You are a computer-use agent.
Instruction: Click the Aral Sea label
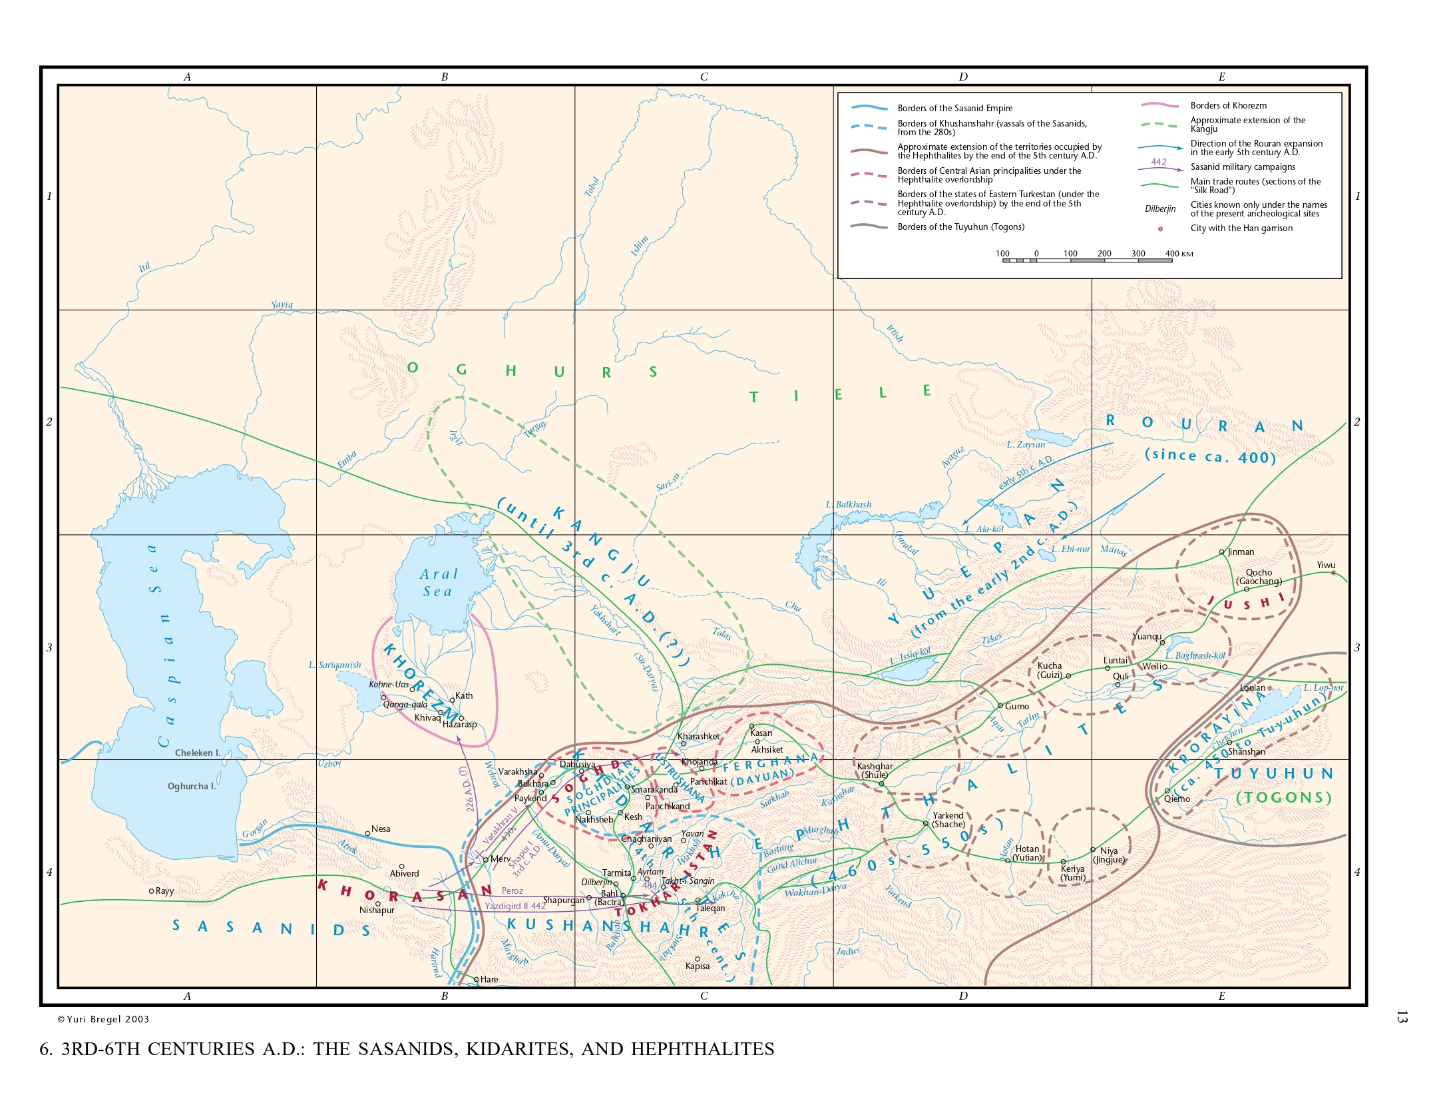pyautogui.click(x=438, y=583)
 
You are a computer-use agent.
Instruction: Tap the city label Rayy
pyautogui.click(x=164, y=891)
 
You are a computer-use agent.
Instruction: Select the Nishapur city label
pyautogui.click(x=377, y=910)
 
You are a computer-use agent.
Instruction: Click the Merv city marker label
pyautogui.click(x=500, y=859)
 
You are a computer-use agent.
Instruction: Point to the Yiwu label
pyautogui.click(x=1326, y=565)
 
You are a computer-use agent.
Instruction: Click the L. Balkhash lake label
pyautogui.click(x=848, y=504)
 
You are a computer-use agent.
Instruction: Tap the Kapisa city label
pyautogui.click(x=698, y=966)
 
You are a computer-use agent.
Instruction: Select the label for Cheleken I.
pyautogui.click(x=197, y=753)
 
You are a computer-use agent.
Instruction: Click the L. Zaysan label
pyautogui.click(x=1026, y=444)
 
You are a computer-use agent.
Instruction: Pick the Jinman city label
pyautogui.click(x=1241, y=551)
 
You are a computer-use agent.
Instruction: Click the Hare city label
pyautogui.click(x=489, y=979)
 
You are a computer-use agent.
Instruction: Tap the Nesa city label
pyautogui.click(x=381, y=829)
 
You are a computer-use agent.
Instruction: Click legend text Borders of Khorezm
pyautogui.click(x=1228, y=105)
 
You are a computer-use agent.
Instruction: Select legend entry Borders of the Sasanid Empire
pyautogui.click(x=954, y=108)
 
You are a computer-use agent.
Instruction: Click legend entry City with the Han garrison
pyautogui.click(x=1241, y=228)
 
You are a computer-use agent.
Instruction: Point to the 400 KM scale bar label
pyautogui.click(x=1179, y=254)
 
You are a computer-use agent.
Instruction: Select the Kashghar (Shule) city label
pyautogui.click(x=875, y=771)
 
